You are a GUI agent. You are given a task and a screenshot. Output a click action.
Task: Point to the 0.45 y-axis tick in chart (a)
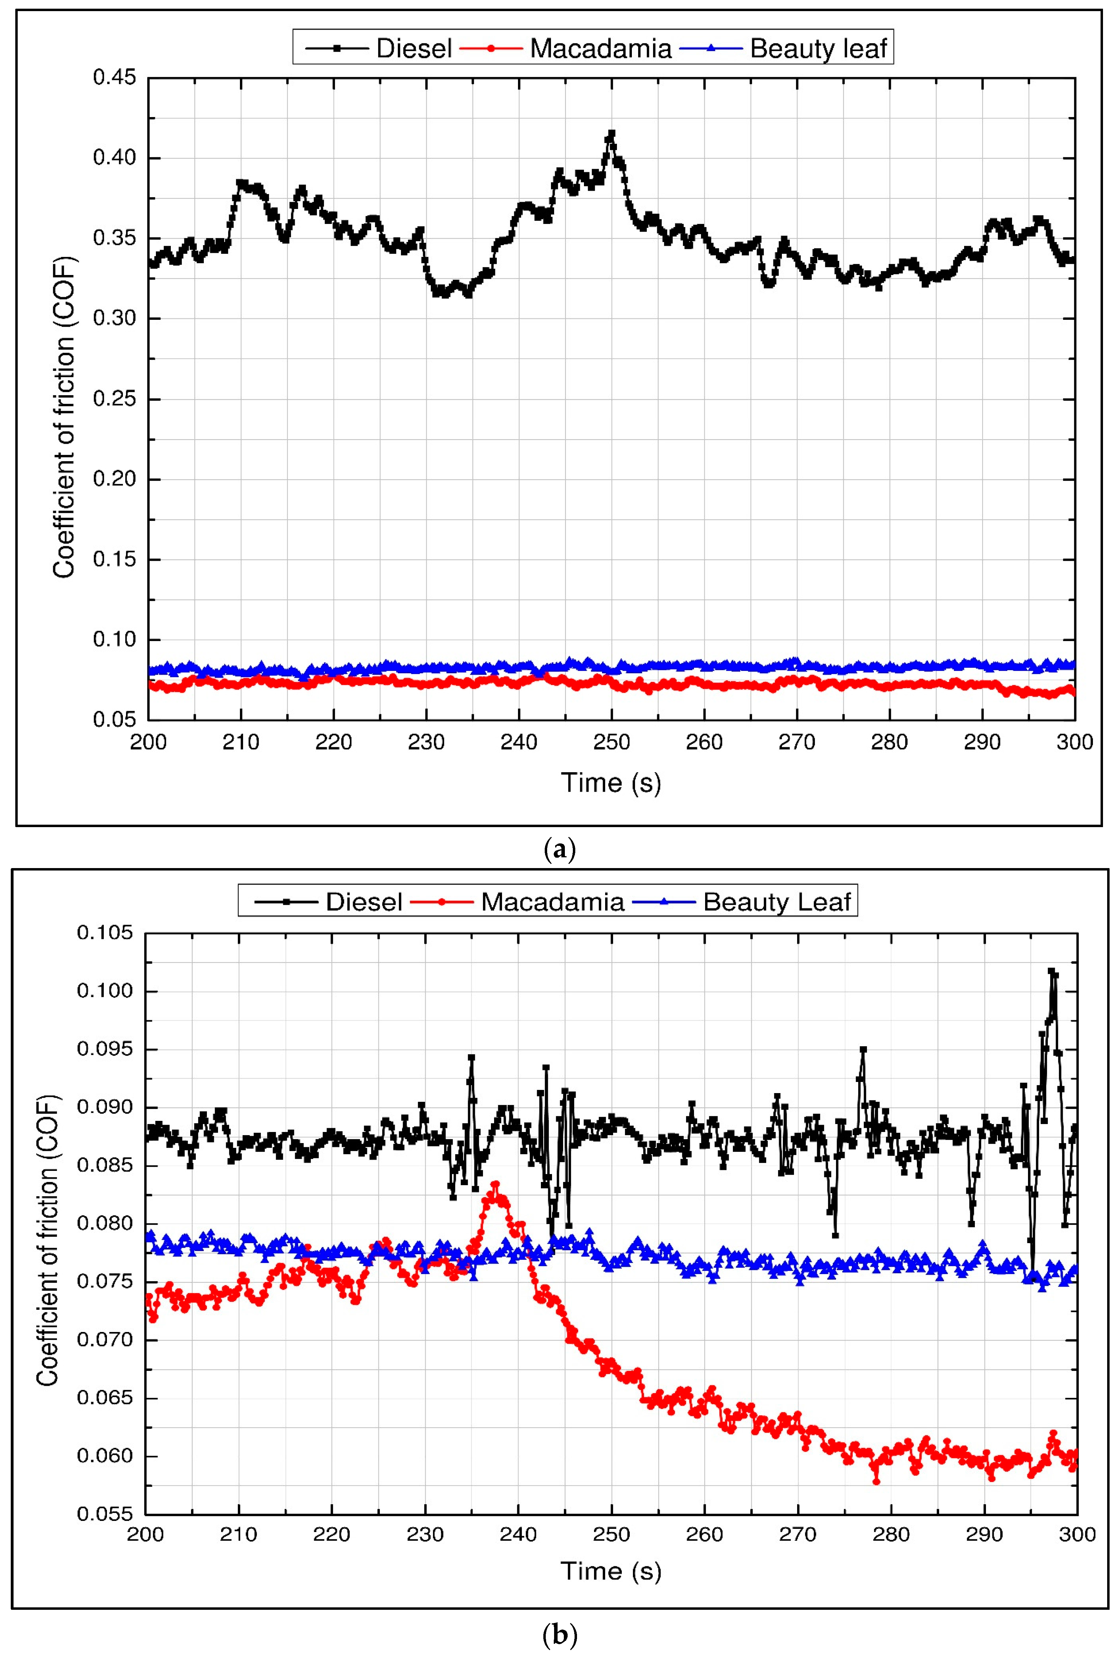tap(114, 77)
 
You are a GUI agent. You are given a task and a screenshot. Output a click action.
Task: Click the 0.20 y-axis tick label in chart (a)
tap(114, 479)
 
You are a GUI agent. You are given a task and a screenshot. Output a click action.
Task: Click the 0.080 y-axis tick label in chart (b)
tap(106, 1224)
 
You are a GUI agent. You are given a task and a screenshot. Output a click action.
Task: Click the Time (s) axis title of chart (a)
tap(611, 783)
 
